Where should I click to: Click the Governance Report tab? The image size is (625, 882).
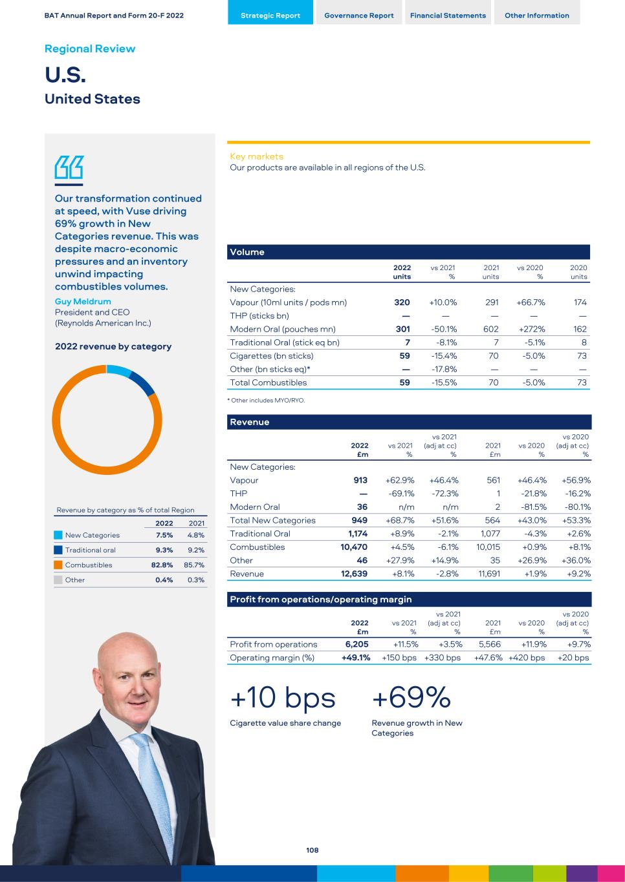pyautogui.click(x=358, y=15)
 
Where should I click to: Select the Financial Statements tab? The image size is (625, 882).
pyautogui.click(x=448, y=15)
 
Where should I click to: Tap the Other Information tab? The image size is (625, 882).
pyautogui.click(x=537, y=15)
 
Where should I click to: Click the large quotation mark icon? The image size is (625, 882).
pyautogui.click(x=69, y=168)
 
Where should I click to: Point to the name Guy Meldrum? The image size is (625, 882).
pyautogui.click(x=83, y=301)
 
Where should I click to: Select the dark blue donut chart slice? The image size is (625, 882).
pyautogui.click(x=144, y=384)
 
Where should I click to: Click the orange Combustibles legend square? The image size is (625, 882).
pyautogui.click(x=58, y=565)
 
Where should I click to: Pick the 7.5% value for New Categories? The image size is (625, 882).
pyautogui.click(x=164, y=535)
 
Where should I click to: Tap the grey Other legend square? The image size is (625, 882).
pyautogui.click(x=58, y=580)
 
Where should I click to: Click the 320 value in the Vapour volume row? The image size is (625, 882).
pyautogui.click(x=402, y=302)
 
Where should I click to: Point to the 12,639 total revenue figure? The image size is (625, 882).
pyautogui.click(x=354, y=574)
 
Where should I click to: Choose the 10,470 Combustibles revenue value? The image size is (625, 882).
pyautogui.click(x=354, y=547)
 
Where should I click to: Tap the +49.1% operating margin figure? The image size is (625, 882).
pyautogui.click(x=356, y=658)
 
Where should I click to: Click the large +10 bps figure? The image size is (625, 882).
pyautogui.click(x=283, y=698)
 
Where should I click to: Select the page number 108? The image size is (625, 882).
pyautogui.click(x=312, y=850)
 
